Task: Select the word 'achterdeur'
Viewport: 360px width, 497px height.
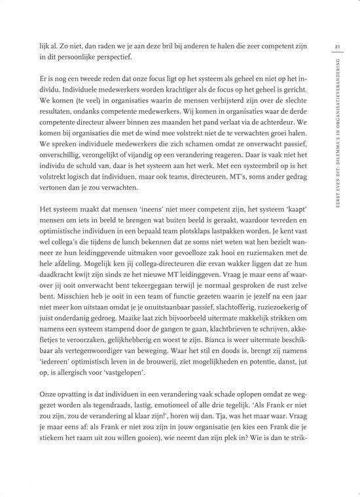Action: (274, 121)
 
